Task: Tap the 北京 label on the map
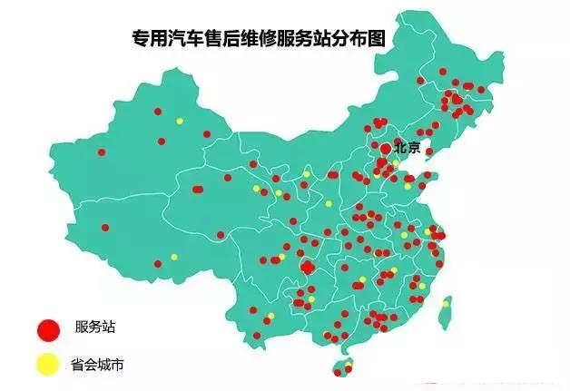tap(408, 148)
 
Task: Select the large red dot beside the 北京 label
tap(386, 148)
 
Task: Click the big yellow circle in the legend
tap(48, 366)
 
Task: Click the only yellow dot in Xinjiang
tap(179, 121)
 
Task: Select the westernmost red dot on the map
tap(102, 152)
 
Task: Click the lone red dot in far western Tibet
tap(105, 227)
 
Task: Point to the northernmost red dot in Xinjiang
tap(158, 111)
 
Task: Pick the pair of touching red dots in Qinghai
tap(197, 189)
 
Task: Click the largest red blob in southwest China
tap(308, 267)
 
